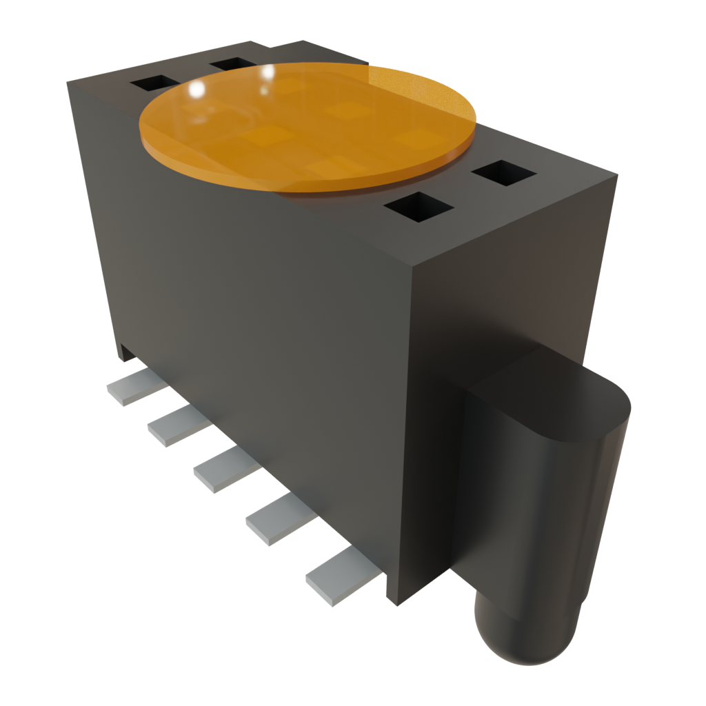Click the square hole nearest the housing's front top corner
(418, 207)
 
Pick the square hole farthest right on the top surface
(505, 172)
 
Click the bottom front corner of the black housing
(392, 603)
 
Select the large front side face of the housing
(255, 345)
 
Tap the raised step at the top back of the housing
(296, 50)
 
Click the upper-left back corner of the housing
(69, 83)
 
